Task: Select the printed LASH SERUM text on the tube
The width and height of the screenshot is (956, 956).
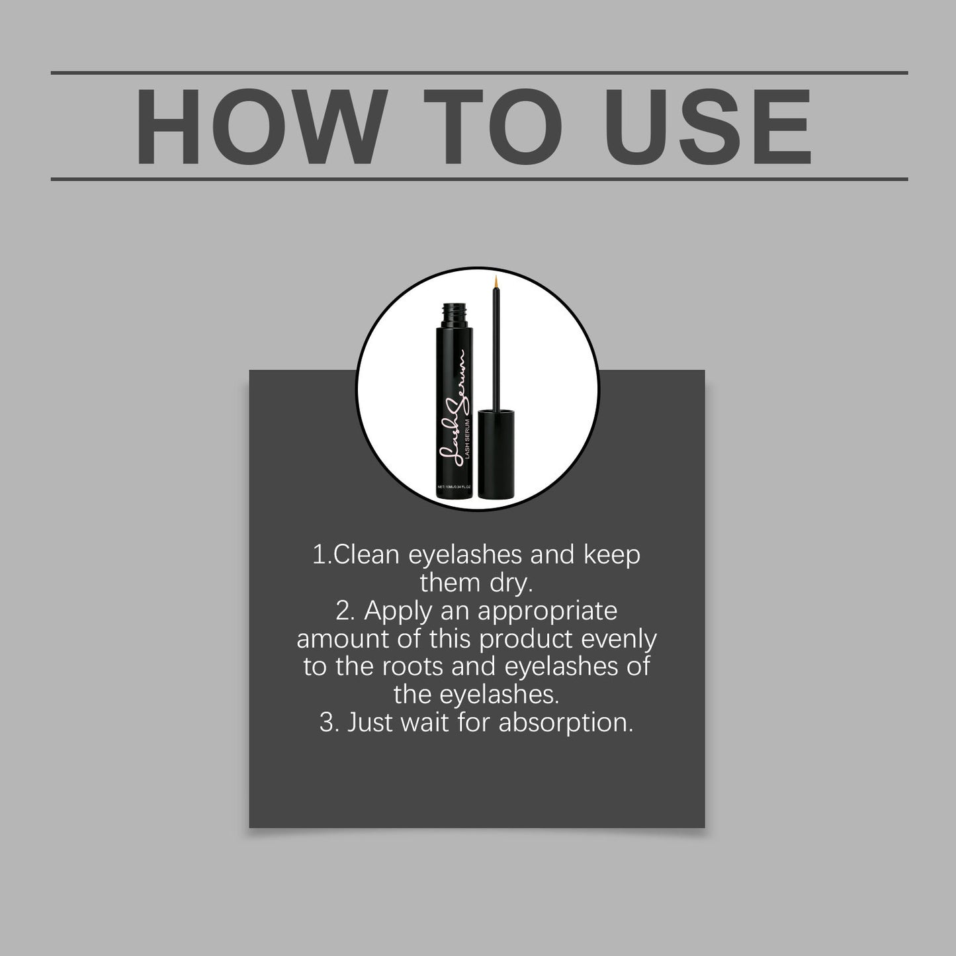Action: tap(468, 448)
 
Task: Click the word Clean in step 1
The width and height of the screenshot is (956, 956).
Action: tap(367, 554)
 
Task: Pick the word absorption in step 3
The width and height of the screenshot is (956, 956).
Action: tap(566, 722)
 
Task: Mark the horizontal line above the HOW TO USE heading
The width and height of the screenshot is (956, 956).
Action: tap(479, 72)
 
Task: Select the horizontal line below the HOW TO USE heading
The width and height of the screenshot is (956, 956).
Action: tap(479, 179)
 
